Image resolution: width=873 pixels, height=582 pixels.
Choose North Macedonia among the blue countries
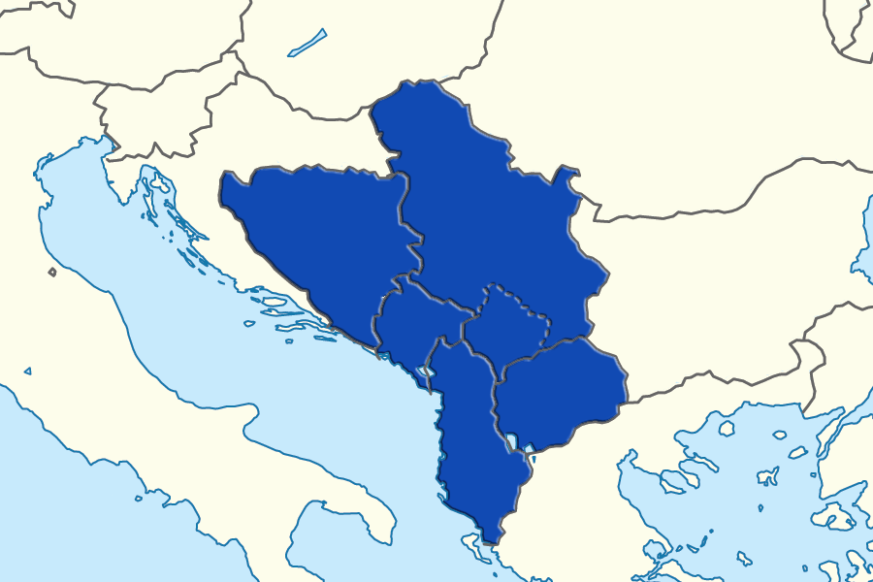tap(558, 393)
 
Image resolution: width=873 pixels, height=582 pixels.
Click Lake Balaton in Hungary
tap(307, 45)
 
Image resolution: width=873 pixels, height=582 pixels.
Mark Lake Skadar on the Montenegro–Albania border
tap(423, 373)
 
